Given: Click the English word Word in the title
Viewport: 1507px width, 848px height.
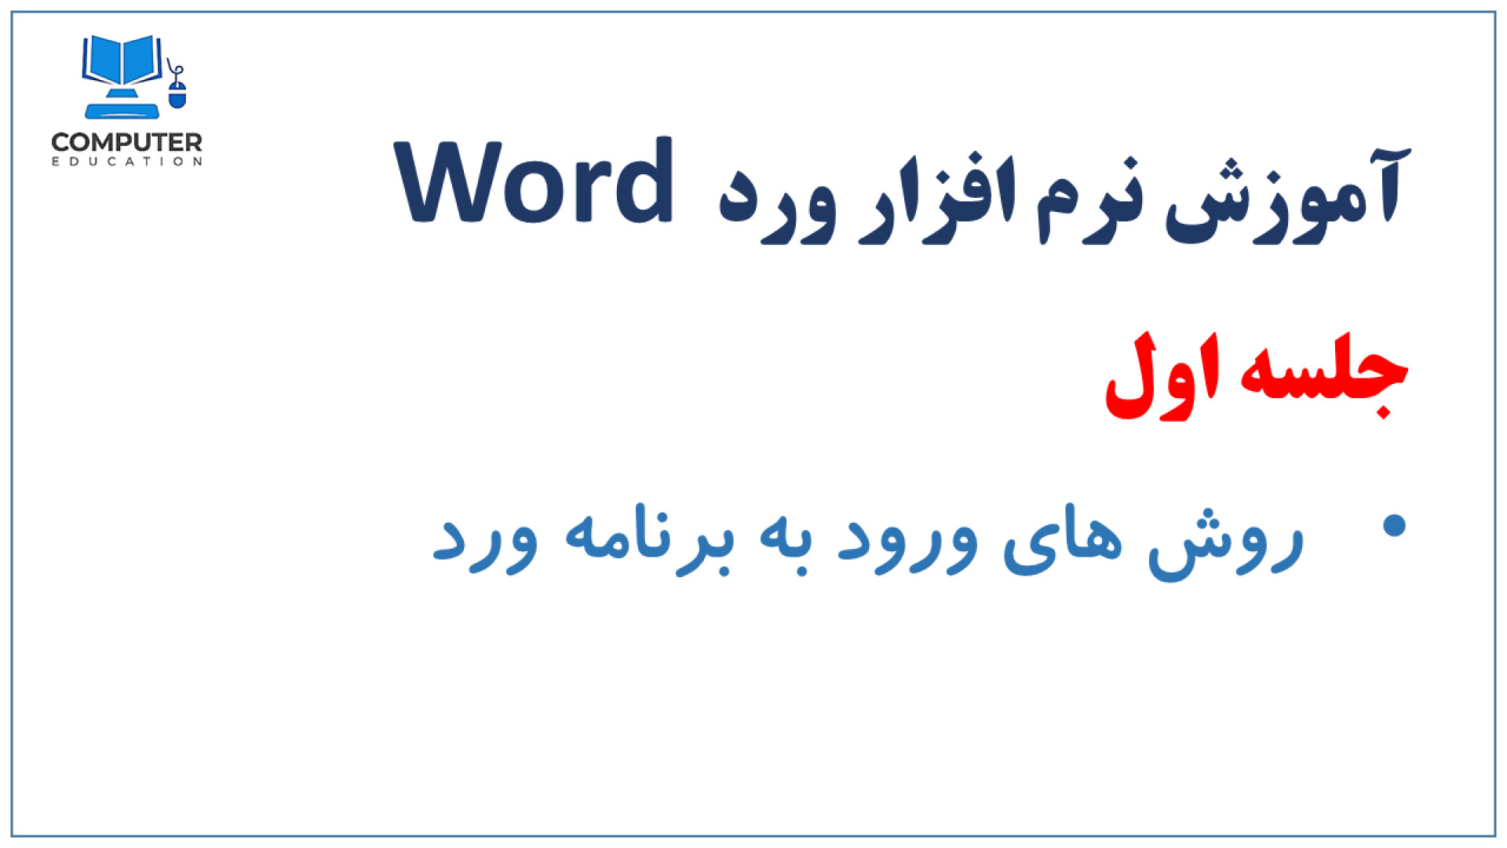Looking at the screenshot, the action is (535, 182).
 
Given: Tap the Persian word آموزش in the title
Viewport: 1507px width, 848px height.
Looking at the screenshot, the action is (1287, 196).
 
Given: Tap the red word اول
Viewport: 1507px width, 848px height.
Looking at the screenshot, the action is (1162, 376).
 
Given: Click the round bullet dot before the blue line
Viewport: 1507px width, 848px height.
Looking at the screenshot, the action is (1394, 525).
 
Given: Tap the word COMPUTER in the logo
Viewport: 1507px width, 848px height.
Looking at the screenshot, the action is (126, 142).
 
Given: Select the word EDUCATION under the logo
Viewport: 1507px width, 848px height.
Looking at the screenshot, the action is (126, 162).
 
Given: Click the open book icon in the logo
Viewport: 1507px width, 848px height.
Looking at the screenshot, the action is (122, 60).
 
